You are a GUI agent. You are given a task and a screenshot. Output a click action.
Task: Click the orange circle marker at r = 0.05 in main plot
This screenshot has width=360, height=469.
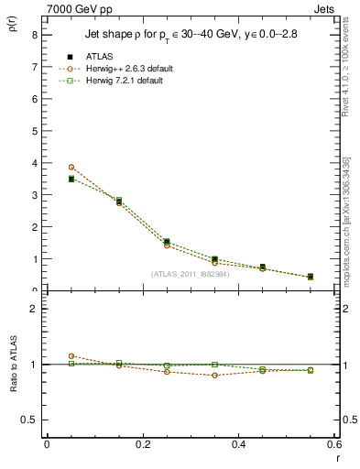71,167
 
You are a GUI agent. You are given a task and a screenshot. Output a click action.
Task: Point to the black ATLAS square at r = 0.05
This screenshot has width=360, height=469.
71,180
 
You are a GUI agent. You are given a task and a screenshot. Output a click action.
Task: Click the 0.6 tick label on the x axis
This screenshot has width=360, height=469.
334,444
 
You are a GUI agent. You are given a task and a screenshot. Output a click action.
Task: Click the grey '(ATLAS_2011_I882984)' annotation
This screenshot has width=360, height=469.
191,274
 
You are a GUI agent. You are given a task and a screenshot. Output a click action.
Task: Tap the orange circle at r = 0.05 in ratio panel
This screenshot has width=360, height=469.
71,355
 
